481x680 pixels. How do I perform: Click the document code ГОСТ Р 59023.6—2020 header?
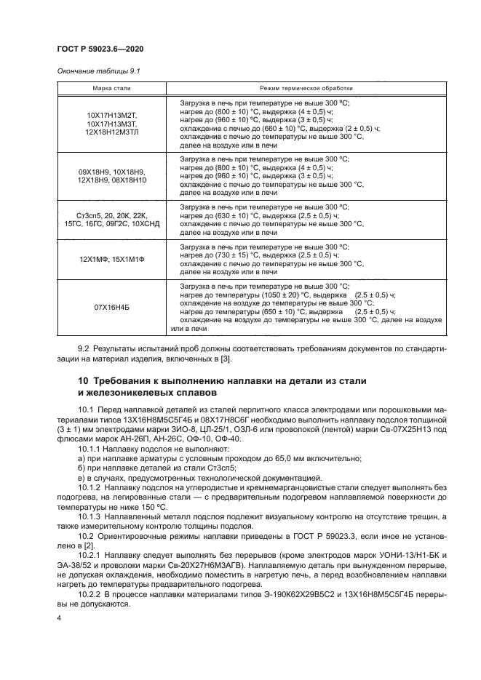point(100,49)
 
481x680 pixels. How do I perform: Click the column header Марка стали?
point(112,88)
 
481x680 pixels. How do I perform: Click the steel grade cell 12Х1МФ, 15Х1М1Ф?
point(112,260)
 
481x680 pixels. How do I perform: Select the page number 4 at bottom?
point(59,617)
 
